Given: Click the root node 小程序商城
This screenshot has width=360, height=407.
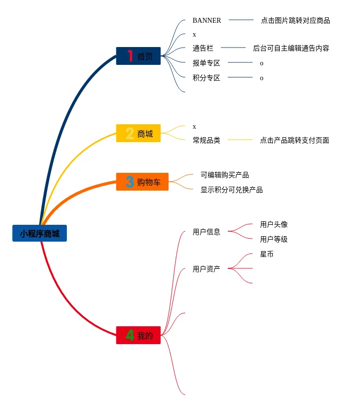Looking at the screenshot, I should click(x=40, y=233).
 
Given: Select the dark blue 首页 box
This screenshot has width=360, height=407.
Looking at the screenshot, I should click(x=139, y=56).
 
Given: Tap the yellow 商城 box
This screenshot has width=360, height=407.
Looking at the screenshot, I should click(x=139, y=133).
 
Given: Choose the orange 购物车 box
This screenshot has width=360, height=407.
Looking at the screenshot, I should click(x=143, y=182).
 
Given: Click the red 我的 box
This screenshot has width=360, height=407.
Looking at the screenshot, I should click(x=139, y=335).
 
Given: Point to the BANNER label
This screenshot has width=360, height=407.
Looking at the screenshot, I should click(x=206, y=20).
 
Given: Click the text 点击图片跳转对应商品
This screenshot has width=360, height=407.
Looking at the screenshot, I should click(x=295, y=20).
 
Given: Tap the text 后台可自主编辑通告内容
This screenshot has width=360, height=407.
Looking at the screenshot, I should click(x=291, y=48).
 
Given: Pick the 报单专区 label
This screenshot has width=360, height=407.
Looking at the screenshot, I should click(x=206, y=63).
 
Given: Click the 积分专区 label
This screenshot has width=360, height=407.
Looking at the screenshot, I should click(x=206, y=78).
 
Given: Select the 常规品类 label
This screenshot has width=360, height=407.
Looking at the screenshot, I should click(x=206, y=140).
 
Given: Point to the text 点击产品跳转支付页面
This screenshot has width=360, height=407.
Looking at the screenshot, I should click(x=294, y=140).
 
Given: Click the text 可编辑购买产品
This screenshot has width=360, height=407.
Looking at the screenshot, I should click(x=224, y=175).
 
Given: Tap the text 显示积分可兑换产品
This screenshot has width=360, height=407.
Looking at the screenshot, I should click(x=231, y=190).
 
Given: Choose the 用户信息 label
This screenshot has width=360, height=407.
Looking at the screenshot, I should click(x=206, y=232).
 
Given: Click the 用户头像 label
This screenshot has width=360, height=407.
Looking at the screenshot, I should click(x=273, y=224).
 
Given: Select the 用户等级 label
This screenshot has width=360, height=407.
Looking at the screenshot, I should click(x=273, y=239).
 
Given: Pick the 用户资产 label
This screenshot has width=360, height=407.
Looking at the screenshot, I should click(x=206, y=269).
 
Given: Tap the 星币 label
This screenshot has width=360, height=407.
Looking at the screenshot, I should click(x=266, y=254).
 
